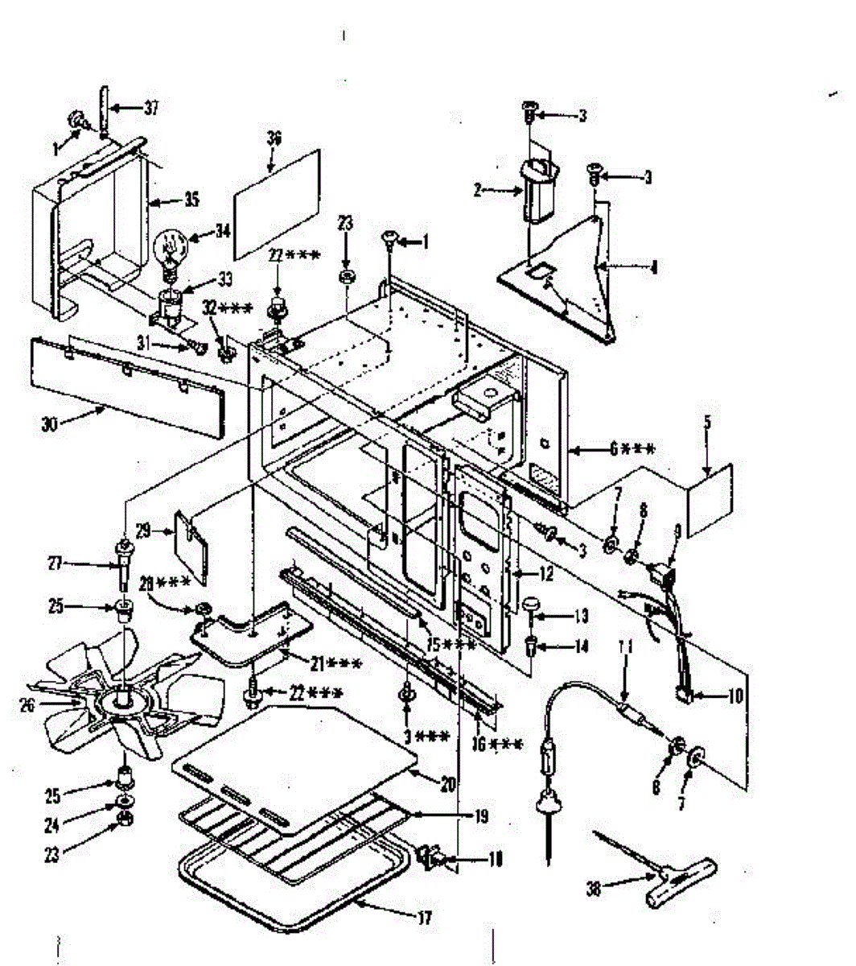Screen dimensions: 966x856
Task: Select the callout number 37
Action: click(x=151, y=107)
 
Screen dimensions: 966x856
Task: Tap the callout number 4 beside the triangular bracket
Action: click(x=653, y=266)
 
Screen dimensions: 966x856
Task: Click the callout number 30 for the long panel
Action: click(x=50, y=424)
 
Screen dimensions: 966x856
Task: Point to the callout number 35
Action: click(x=191, y=198)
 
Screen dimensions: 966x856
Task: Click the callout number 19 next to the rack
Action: click(x=481, y=816)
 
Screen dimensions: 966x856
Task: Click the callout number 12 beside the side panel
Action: click(x=546, y=575)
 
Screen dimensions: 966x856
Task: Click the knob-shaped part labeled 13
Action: click(x=531, y=605)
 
